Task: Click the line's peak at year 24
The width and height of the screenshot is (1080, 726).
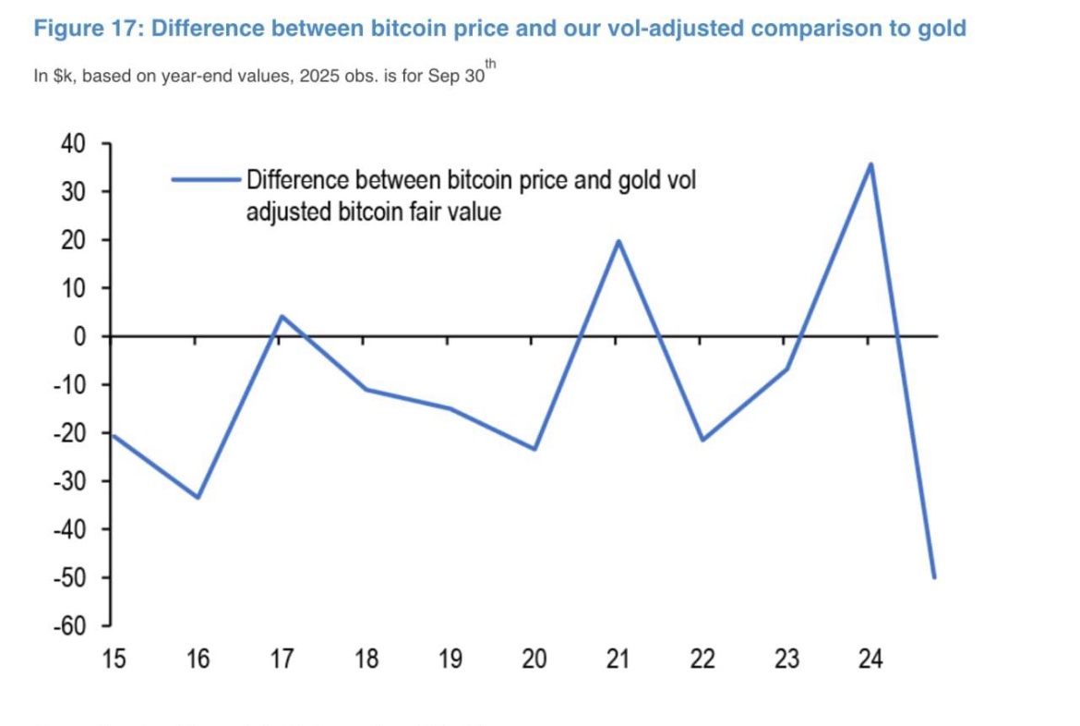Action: [x=870, y=164]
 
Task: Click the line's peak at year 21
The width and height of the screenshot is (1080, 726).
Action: [x=618, y=241]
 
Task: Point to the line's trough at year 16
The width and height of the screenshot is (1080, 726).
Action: [x=198, y=497]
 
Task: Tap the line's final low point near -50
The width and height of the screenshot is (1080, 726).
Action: [x=934, y=577]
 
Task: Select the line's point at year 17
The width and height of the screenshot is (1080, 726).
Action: [x=282, y=316]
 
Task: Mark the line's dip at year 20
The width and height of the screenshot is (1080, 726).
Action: [x=534, y=449]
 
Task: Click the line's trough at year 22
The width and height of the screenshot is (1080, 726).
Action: [x=702, y=440]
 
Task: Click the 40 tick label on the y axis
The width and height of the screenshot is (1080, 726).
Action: [x=73, y=144]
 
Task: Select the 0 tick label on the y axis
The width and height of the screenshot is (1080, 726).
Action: [x=79, y=337]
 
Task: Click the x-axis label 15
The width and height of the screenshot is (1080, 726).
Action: [x=114, y=659]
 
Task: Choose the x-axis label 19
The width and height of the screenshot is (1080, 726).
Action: [x=450, y=659]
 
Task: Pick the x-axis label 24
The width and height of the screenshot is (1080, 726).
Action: [x=870, y=659]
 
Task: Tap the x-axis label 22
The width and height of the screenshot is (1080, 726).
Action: [x=702, y=659]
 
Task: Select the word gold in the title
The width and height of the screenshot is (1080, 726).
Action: [x=942, y=29]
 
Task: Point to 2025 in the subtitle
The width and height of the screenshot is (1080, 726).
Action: [x=322, y=77]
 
